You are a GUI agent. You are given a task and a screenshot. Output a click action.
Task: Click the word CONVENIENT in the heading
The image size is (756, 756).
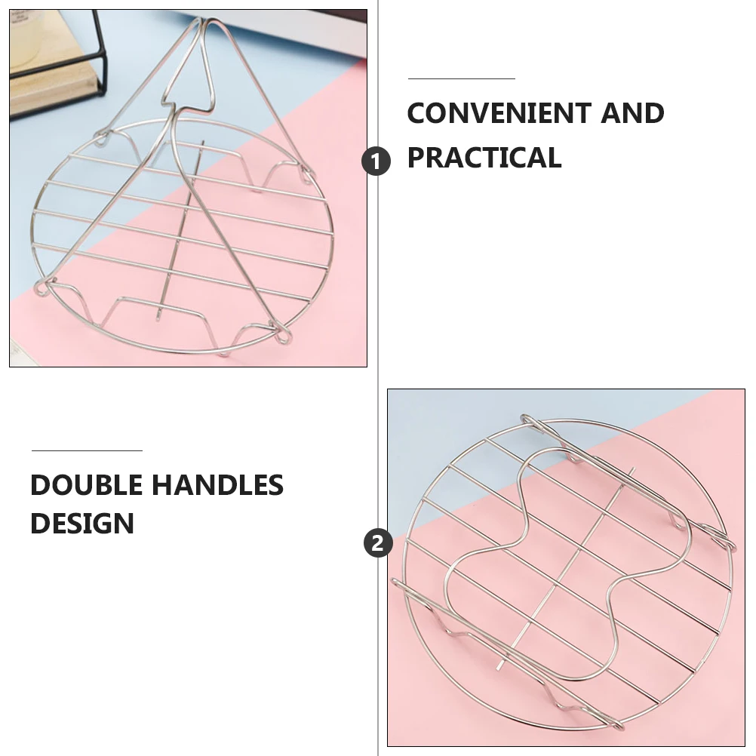[498, 113]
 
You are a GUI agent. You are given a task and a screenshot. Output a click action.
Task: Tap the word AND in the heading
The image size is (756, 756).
[632, 113]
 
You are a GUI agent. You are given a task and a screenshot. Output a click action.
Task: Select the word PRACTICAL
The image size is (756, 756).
[484, 157]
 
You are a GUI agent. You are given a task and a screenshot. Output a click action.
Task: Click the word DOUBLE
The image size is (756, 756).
[86, 484]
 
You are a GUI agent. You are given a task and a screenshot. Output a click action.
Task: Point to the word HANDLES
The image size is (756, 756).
[218, 484]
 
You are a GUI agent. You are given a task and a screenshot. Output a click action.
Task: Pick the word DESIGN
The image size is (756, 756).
[82, 523]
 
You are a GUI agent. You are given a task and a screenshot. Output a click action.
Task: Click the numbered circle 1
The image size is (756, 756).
[376, 161]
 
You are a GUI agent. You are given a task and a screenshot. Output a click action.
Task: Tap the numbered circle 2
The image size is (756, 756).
[378, 543]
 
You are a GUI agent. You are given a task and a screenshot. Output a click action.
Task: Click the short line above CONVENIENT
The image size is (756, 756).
[462, 78]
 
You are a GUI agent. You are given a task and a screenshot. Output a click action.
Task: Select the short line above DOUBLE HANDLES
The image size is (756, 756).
[87, 450]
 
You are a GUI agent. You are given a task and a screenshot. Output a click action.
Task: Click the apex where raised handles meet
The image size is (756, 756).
[204, 20]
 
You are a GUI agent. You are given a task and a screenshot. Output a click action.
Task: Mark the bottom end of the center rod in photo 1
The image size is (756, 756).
[158, 318]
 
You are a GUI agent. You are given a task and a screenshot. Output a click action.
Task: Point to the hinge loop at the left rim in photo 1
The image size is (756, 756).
[42, 288]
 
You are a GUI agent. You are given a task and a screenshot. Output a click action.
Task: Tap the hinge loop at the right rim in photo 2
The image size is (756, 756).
[730, 543]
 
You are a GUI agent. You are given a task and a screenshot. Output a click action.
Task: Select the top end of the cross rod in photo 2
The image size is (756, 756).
[633, 469]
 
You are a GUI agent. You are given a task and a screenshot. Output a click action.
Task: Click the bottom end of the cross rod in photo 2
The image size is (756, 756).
[499, 668]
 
